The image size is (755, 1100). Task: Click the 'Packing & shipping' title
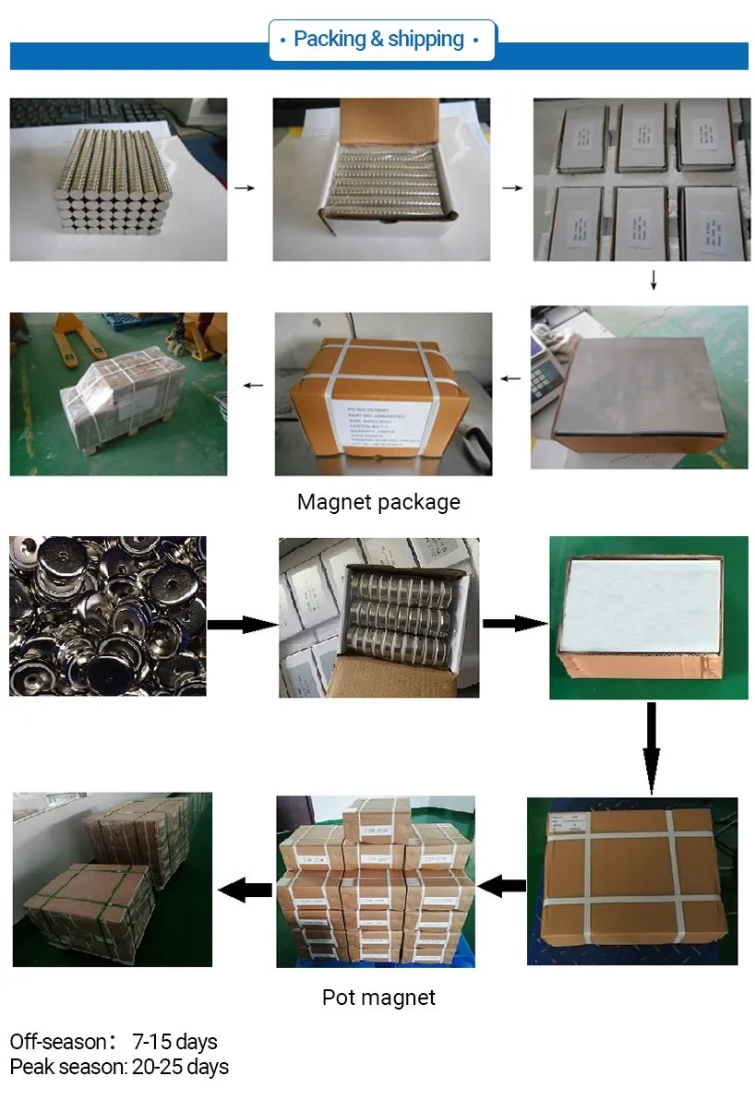click(378, 40)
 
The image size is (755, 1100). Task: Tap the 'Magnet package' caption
click(378, 503)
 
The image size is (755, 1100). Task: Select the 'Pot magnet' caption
click(378, 998)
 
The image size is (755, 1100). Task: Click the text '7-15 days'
click(174, 1042)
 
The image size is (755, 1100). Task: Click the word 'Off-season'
click(58, 1042)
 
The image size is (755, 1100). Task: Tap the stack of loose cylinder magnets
click(114, 181)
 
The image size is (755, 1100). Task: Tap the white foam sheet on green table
click(641, 600)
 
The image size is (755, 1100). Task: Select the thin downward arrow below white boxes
click(653, 280)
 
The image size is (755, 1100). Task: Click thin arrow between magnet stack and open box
click(245, 187)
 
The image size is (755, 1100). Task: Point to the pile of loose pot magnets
click(107, 616)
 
